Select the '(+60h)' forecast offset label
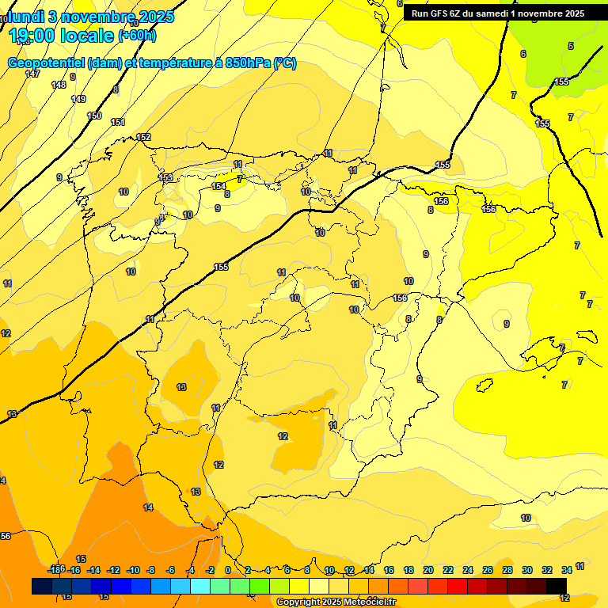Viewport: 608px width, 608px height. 137,36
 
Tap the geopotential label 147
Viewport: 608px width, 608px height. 32,74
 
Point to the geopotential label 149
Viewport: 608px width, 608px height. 78,99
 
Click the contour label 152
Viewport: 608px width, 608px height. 143,137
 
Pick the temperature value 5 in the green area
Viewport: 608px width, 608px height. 571,46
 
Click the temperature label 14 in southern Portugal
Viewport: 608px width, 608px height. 148,507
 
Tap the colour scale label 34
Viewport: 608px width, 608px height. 567,570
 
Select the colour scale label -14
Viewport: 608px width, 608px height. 93,570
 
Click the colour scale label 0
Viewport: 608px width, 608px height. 228,570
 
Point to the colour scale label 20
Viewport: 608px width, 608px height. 428,570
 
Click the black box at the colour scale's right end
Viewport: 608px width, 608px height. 557,586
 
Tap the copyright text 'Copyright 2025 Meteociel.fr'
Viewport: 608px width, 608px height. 336,602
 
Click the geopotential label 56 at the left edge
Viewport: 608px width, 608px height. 6,536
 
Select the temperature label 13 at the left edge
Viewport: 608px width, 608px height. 12,414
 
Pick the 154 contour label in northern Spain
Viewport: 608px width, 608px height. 218,186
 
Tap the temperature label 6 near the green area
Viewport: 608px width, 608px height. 522,54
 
